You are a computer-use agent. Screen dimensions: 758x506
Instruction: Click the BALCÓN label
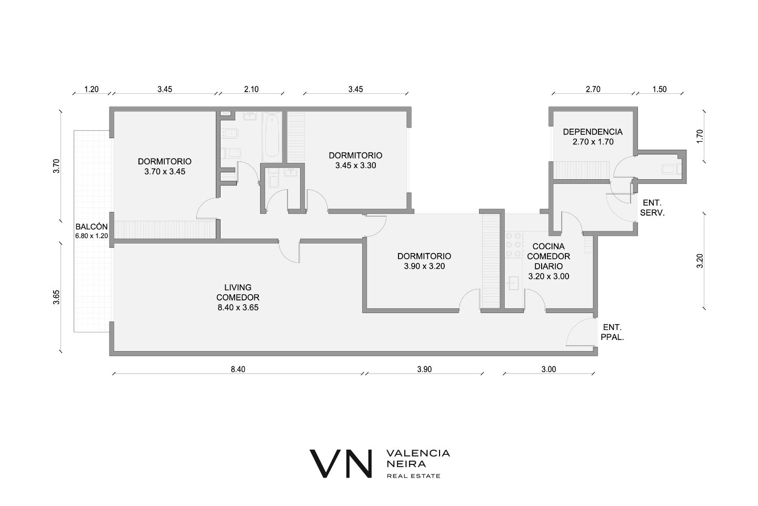click(x=92, y=227)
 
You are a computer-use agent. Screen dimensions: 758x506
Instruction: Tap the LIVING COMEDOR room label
click(x=238, y=293)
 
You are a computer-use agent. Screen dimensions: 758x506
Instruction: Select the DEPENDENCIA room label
click(x=593, y=132)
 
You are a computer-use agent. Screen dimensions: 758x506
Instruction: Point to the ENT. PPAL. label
click(x=612, y=332)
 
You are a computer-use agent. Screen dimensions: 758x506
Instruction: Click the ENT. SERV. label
click(x=652, y=208)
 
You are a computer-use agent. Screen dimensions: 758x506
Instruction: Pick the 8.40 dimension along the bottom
click(x=238, y=369)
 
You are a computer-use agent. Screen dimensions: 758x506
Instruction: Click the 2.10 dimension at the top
click(x=251, y=89)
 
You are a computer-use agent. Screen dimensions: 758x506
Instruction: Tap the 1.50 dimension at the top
click(x=659, y=89)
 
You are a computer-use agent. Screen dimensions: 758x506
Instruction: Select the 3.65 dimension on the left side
click(x=56, y=297)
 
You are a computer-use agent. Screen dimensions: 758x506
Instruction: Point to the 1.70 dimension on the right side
click(x=700, y=136)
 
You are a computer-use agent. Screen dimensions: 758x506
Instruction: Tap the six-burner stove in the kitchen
click(x=514, y=245)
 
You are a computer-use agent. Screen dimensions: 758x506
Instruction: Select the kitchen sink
click(x=514, y=283)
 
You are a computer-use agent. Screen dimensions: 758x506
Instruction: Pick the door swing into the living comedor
click(x=290, y=251)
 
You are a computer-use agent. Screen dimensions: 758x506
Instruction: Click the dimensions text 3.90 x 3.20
click(x=424, y=266)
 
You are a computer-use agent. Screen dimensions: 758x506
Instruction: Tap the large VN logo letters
click(x=341, y=464)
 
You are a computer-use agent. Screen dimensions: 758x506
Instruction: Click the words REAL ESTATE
click(x=414, y=476)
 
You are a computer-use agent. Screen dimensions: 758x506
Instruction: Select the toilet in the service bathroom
click(x=671, y=169)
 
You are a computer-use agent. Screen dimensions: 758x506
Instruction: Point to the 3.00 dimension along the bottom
click(x=548, y=369)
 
